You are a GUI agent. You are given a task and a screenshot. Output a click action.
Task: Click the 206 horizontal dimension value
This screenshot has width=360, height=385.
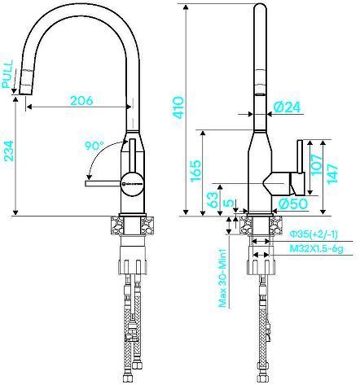point(81,101)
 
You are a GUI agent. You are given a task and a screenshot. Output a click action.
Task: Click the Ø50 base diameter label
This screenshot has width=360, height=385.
point(291,203)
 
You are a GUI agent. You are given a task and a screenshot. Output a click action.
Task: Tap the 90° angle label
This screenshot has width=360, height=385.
point(94,147)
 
